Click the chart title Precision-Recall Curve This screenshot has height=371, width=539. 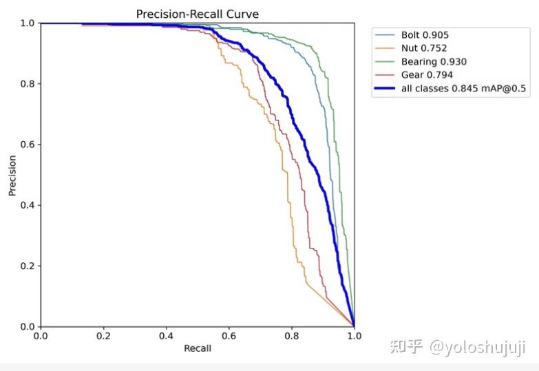click(198, 14)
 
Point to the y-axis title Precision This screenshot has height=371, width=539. click(12, 175)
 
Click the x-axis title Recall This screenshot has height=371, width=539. click(198, 348)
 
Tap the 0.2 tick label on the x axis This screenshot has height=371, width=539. click(103, 336)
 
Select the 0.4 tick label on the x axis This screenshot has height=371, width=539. click(166, 336)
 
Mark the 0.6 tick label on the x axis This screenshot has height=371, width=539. click(229, 336)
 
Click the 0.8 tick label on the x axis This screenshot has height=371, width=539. click(291, 336)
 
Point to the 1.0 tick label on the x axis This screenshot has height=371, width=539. click(354, 336)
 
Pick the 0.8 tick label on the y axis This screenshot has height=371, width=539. click(26, 84)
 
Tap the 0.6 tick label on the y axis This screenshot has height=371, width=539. click(26, 145)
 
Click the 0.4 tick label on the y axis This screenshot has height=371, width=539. click(26, 205)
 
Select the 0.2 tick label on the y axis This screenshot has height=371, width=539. click(26, 266)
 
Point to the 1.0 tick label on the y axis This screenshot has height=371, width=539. click(26, 23)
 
